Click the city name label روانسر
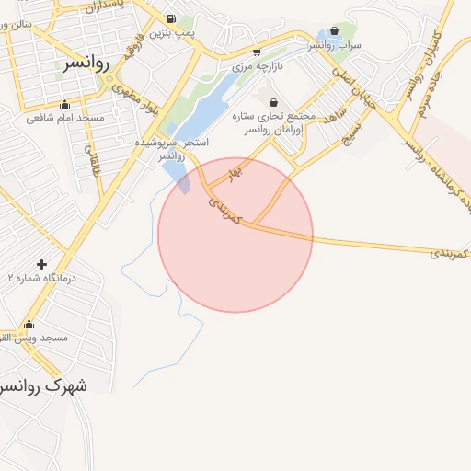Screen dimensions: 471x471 (x=87, y=63)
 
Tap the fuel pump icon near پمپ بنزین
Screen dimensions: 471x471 (x=171, y=17)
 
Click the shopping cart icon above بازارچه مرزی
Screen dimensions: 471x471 (x=256, y=52)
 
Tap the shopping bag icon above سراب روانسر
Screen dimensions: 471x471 (x=334, y=30)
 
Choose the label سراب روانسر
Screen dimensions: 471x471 (x=335, y=44)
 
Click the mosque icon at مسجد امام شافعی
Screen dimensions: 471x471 (x=64, y=104)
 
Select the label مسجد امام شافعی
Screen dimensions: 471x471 (x=65, y=118)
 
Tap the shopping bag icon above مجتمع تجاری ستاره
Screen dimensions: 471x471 (x=273, y=101)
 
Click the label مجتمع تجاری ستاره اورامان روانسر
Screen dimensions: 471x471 (x=277, y=124)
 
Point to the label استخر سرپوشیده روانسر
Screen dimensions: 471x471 (x=172, y=150)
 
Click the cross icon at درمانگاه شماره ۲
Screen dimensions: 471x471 (x=41, y=264)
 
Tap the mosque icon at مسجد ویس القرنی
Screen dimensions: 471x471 (x=29, y=324)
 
